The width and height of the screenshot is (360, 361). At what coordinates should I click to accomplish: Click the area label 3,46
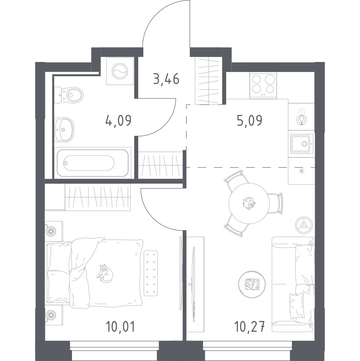click(x=166, y=79)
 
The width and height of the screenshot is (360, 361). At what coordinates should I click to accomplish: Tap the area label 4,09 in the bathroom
click(x=118, y=120)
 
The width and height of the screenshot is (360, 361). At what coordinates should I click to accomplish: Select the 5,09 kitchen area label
click(x=249, y=120)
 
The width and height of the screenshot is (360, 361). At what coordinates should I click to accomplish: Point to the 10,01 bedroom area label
click(x=120, y=327)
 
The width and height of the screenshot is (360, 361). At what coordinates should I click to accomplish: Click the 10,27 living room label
click(x=249, y=327)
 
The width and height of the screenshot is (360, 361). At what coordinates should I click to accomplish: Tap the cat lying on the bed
click(x=105, y=273)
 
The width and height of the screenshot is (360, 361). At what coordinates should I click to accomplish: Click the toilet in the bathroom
click(x=69, y=95)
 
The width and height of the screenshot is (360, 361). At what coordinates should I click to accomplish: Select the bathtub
click(x=94, y=162)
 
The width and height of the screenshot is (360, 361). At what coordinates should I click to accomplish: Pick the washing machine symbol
click(x=120, y=71)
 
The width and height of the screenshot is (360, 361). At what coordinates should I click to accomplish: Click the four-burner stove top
click(x=263, y=85)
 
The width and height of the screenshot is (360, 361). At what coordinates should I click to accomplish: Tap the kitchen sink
click(x=301, y=144)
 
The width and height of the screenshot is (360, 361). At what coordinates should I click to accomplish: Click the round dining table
click(x=249, y=204)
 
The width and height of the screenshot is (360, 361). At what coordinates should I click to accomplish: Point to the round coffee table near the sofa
click(x=252, y=284)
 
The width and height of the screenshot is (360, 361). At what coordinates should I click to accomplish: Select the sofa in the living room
click(x=293, y=284)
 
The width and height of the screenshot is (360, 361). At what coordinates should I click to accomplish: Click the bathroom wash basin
click(x=64, y=130)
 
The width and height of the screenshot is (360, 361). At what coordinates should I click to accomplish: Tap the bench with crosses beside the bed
click(x=151, y=273)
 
